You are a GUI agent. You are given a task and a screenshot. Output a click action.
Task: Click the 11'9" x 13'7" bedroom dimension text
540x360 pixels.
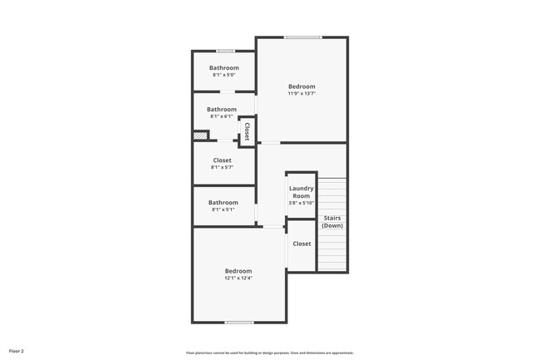pyautogui.click(x=302, y=94)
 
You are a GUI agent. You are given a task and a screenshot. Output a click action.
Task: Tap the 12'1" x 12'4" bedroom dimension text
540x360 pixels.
pyautogui.click(x=238, y=279)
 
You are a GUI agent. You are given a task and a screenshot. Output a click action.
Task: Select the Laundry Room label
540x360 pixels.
pyautogui.click(x=301, y=192)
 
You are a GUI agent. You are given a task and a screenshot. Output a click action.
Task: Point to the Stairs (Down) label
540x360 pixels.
pyautogui.click(x=332, y=222)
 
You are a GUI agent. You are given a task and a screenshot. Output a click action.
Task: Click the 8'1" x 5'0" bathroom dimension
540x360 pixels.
pyautogui.click(x=224, y=75)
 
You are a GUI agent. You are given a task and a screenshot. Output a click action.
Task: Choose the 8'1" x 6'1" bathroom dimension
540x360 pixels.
pyautogui.click(x=222, y=116)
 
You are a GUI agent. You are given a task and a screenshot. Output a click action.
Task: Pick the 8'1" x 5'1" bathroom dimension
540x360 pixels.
pyautogui.click(x=223, y=210)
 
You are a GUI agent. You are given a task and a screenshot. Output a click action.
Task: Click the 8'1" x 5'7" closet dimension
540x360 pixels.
pyautogui.click(x=223, y=168)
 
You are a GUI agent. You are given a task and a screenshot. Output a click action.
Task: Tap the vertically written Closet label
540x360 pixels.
pyautogui.click(x=247, y=132)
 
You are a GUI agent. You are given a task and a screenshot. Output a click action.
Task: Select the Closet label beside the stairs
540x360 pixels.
pyautogui.click(x=302, y=244)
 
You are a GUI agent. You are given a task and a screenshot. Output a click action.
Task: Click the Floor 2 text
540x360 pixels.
pyautogui.click(x=17, y=352)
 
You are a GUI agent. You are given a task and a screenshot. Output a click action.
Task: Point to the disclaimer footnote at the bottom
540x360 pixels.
pyautogui.click(x=269, y=353)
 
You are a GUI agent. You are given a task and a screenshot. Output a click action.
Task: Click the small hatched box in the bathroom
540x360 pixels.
pyautogui.click(x=199, y=136)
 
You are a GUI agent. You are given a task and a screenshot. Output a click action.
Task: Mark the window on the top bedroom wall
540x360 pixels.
pyautogui.click(x=302, y=37)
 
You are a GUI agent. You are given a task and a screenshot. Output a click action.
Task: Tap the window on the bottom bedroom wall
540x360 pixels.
pyautogui.click(x=239, y=322)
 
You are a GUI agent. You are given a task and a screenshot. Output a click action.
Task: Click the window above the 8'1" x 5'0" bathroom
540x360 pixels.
pyautogui.click(x=225, y=52)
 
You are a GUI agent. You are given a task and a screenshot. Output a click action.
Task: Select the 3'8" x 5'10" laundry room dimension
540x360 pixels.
pyautogui.click(x=301, y=203)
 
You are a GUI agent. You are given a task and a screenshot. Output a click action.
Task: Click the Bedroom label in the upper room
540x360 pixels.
pyautogui.click(x=302, y=86)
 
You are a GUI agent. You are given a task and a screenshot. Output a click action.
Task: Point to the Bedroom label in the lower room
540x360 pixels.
pyautogui.click(x=238, y=271)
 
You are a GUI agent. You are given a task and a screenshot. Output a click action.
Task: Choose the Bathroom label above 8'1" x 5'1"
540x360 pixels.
pyautogui.click(x=223, y=202)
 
